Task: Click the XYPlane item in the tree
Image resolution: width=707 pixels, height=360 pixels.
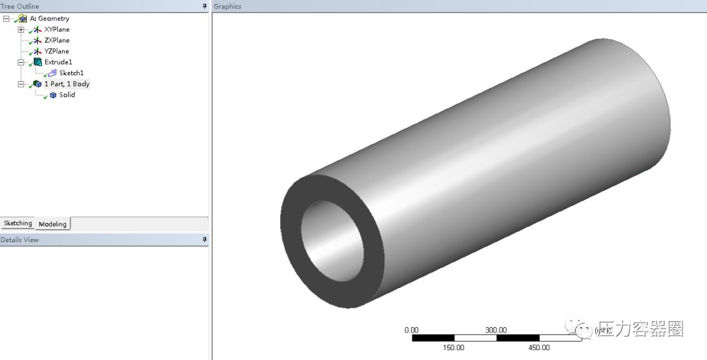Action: coord(56,29)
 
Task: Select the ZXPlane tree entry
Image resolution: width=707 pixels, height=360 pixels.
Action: coord(56,41)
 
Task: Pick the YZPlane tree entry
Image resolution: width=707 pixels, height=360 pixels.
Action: coord(56,51)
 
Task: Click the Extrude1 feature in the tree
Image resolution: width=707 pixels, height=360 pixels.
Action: coord(58,62)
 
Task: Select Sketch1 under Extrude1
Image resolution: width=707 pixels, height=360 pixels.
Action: coord(71,73)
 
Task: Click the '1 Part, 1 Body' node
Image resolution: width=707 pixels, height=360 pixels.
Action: coord(67,84)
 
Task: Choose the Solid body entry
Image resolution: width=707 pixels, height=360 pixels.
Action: coord(67,95)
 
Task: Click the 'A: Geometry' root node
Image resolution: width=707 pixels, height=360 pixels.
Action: coord(49,19)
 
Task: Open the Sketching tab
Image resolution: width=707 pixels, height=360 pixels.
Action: coord(18,223)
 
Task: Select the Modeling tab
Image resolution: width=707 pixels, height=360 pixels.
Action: coord(52,224)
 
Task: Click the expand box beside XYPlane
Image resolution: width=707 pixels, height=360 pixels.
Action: coord(21,29)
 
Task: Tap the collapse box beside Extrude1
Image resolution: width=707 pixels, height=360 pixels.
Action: coord(21,62)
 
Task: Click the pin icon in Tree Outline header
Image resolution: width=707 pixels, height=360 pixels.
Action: coord(204,6)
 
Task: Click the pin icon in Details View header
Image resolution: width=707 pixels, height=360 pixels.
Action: coord(204,240)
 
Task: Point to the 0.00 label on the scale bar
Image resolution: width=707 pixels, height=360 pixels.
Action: coord(412,330)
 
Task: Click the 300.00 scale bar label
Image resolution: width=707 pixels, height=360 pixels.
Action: coord(496,330)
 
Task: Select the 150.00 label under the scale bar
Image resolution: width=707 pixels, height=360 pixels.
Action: coord(454,348)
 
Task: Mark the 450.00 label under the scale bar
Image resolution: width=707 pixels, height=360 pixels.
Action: coord(539,348)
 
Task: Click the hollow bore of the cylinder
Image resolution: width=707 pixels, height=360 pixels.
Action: coord(331,242)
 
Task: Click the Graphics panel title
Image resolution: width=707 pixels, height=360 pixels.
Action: coord(228,7)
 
